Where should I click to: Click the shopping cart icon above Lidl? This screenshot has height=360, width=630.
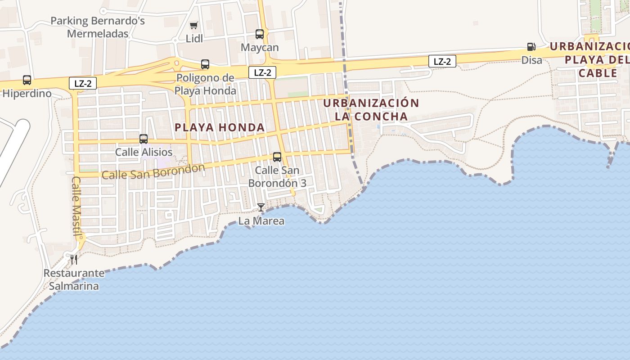click(x=193, y=25)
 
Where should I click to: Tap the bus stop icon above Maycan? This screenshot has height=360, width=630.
click(x=260, y=34)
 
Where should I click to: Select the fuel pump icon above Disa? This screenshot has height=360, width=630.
click(x=531, y=46)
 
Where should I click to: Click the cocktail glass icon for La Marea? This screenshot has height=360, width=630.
click(x=261, y=207)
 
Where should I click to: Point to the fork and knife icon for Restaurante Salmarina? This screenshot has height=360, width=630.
click(x=74, y=259)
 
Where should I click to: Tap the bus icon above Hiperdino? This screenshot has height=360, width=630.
click(x=27, y=80)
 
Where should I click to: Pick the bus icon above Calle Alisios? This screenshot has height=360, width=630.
click(x=144, y=139)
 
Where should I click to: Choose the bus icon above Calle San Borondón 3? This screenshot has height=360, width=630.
click(x=277, y=157)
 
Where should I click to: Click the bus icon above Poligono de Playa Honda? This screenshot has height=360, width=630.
click(x=205, y=64)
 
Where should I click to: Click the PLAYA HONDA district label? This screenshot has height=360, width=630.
click(x=220, y=127)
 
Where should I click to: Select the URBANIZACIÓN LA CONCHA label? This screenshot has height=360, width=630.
click(x=371, y=109)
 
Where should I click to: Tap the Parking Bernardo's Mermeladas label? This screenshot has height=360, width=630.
click(x=98, y=27)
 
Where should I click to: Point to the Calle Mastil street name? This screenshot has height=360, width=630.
click(x=77, y=205)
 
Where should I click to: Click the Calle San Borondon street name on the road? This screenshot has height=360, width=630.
click(x=153, y=171)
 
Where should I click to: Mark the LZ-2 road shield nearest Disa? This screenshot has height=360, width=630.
click(x=442, y=61)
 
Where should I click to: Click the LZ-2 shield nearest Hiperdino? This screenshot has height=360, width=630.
click(x=83, y=83)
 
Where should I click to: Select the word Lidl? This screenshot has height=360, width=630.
click(x=194, y=39)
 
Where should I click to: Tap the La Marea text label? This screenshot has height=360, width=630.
click(x=261, y=221)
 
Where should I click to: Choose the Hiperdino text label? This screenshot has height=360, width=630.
click(x=27, y=94)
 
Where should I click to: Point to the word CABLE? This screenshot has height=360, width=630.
click(x=598, y=73)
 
